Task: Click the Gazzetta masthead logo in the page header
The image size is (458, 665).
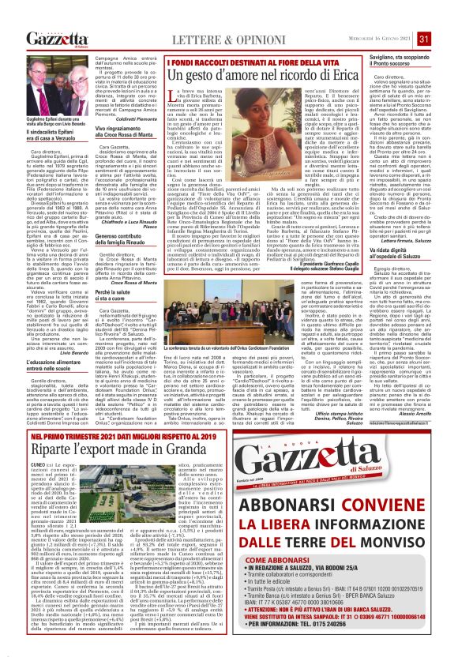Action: (x=55, y=39)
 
